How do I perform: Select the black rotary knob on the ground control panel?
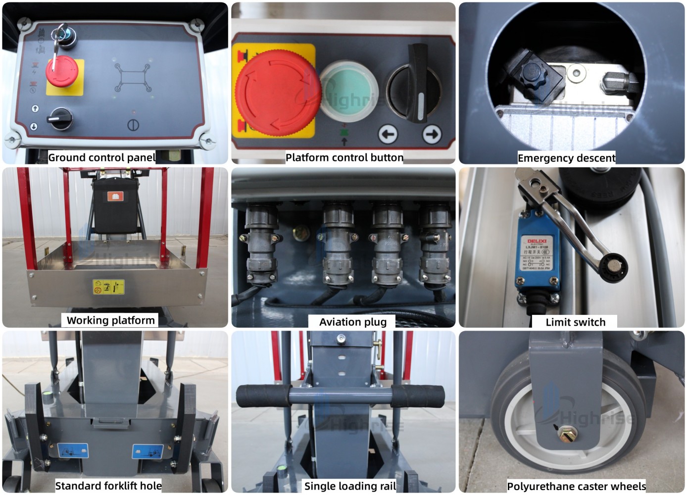pos(61,119)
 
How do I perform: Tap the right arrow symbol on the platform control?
pos(432,134)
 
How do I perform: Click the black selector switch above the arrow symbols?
pos(416,84)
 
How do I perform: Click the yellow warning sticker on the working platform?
pos(108,287)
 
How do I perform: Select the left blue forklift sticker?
pos(73,450)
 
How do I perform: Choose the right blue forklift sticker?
pos(147,451)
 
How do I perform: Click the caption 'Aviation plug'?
pos(353,322)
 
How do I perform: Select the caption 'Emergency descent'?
pos(566,158)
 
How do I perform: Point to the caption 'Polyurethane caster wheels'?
pos(576,486)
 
